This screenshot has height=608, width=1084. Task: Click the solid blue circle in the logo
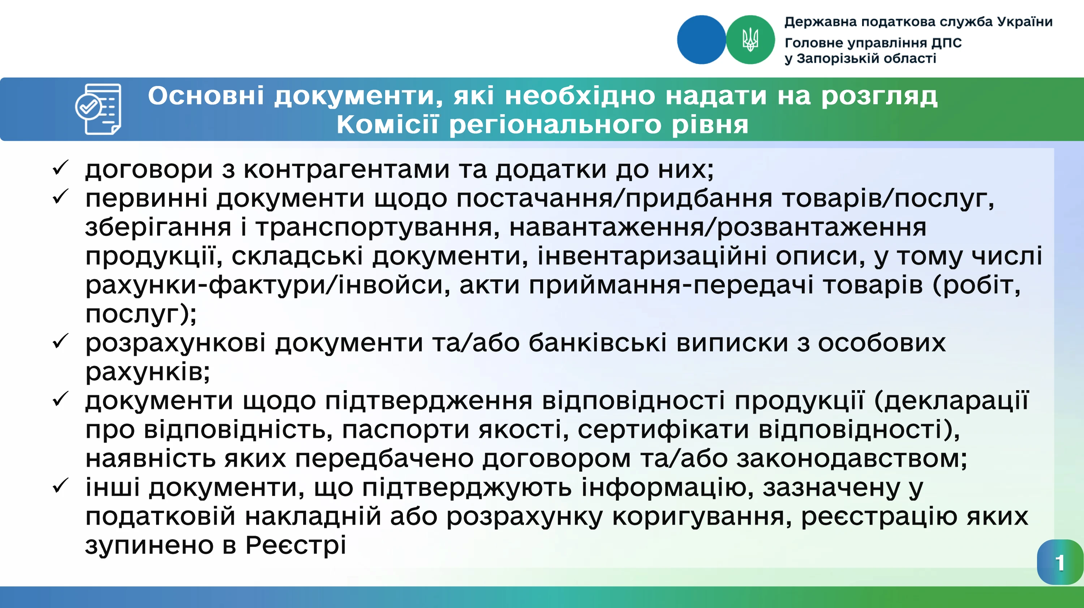[x=701, y=39]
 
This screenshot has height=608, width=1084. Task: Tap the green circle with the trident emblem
[x=750, y=39]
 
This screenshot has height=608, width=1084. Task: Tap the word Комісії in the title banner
[x=387, y=125]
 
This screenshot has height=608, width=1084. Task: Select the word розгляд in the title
[x=879, y=96]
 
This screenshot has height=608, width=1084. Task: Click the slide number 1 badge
[x=1059, y=563]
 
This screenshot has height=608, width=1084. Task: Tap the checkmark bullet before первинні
[x=61, y=197]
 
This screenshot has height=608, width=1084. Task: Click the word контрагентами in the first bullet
[x=346, y=169]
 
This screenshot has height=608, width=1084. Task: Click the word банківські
[x=598, y=343]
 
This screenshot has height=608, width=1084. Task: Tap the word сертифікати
[x=663, y=430]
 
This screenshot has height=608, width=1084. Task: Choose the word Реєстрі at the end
[x=296, y=545]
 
